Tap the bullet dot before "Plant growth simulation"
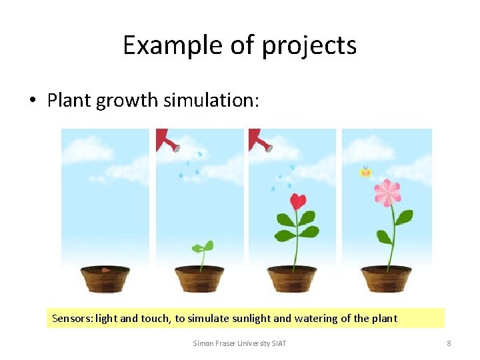[32, 101]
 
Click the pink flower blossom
[387, 192]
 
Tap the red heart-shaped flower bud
[297, 201]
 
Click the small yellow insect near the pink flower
[365, 172]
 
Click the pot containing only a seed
[105, 278]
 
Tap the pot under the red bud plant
[292, 278]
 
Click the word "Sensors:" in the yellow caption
[72, 319]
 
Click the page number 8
[449, 343]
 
